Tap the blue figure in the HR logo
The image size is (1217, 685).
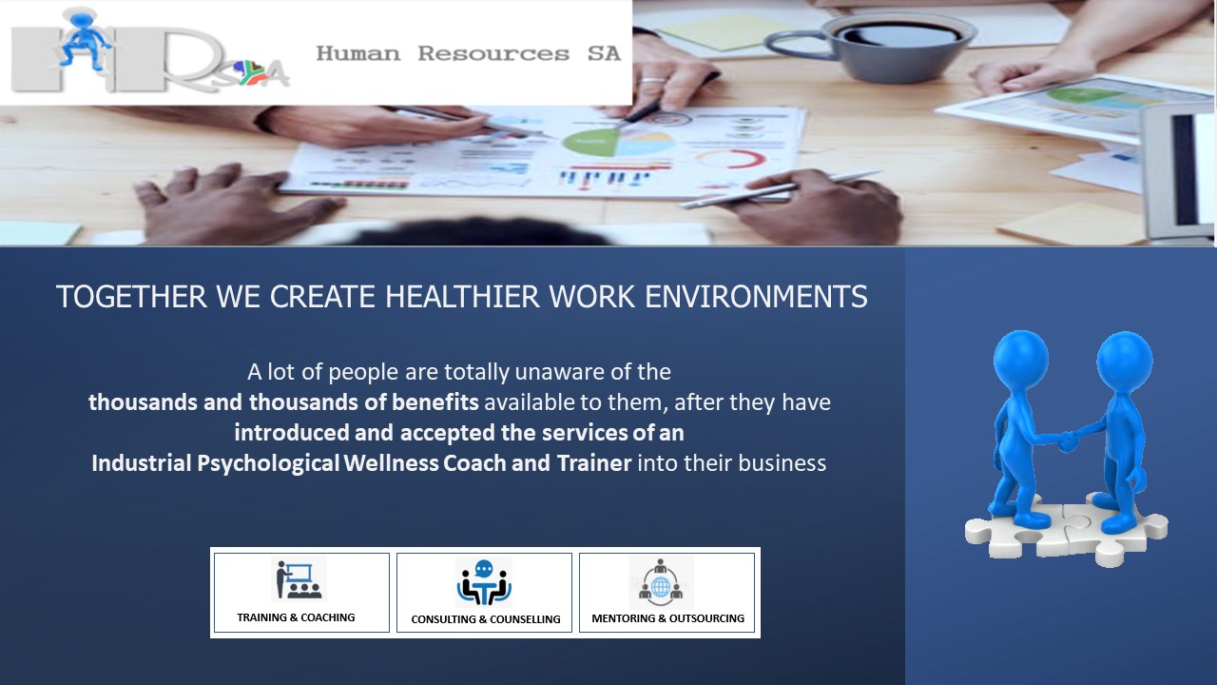[85, 39]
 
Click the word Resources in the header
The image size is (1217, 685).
[493, 53]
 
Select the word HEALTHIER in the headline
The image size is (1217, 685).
[462, 297]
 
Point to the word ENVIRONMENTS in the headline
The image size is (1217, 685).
[756, 297]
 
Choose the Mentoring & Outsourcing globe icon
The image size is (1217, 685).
[661, 581]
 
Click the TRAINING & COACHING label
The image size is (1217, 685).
[296, 617]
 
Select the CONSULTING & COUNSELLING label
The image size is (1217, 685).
[486, 619]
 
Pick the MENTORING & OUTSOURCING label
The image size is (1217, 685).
[667, 618]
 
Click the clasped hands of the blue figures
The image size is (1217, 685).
[1068, 440]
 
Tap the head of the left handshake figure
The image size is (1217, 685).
[1021, 359]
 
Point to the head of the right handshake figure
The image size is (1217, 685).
[1124, 361]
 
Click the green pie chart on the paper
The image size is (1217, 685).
[590, 142]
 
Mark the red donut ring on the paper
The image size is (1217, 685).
[732, 159]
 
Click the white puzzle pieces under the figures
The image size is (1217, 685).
[1066, 534]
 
